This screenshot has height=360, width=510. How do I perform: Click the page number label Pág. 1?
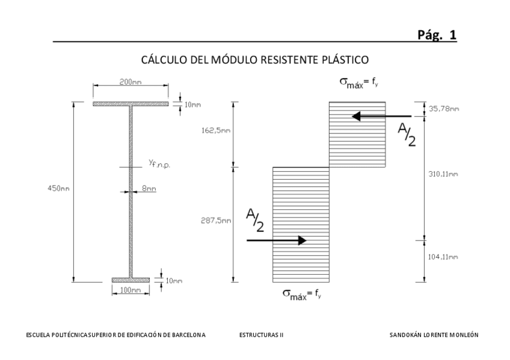[437, 35]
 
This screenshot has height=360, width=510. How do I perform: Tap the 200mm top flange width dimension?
[130, 82]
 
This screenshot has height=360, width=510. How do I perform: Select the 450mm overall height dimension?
[59, 189]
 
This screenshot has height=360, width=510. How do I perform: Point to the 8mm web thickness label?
[149, 189]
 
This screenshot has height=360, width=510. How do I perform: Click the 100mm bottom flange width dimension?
[131, 290]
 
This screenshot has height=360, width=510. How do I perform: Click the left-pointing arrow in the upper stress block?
[381, 117]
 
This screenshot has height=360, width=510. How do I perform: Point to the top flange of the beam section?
[130, 105]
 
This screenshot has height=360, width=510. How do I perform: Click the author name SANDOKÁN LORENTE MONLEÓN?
[434, 335]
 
